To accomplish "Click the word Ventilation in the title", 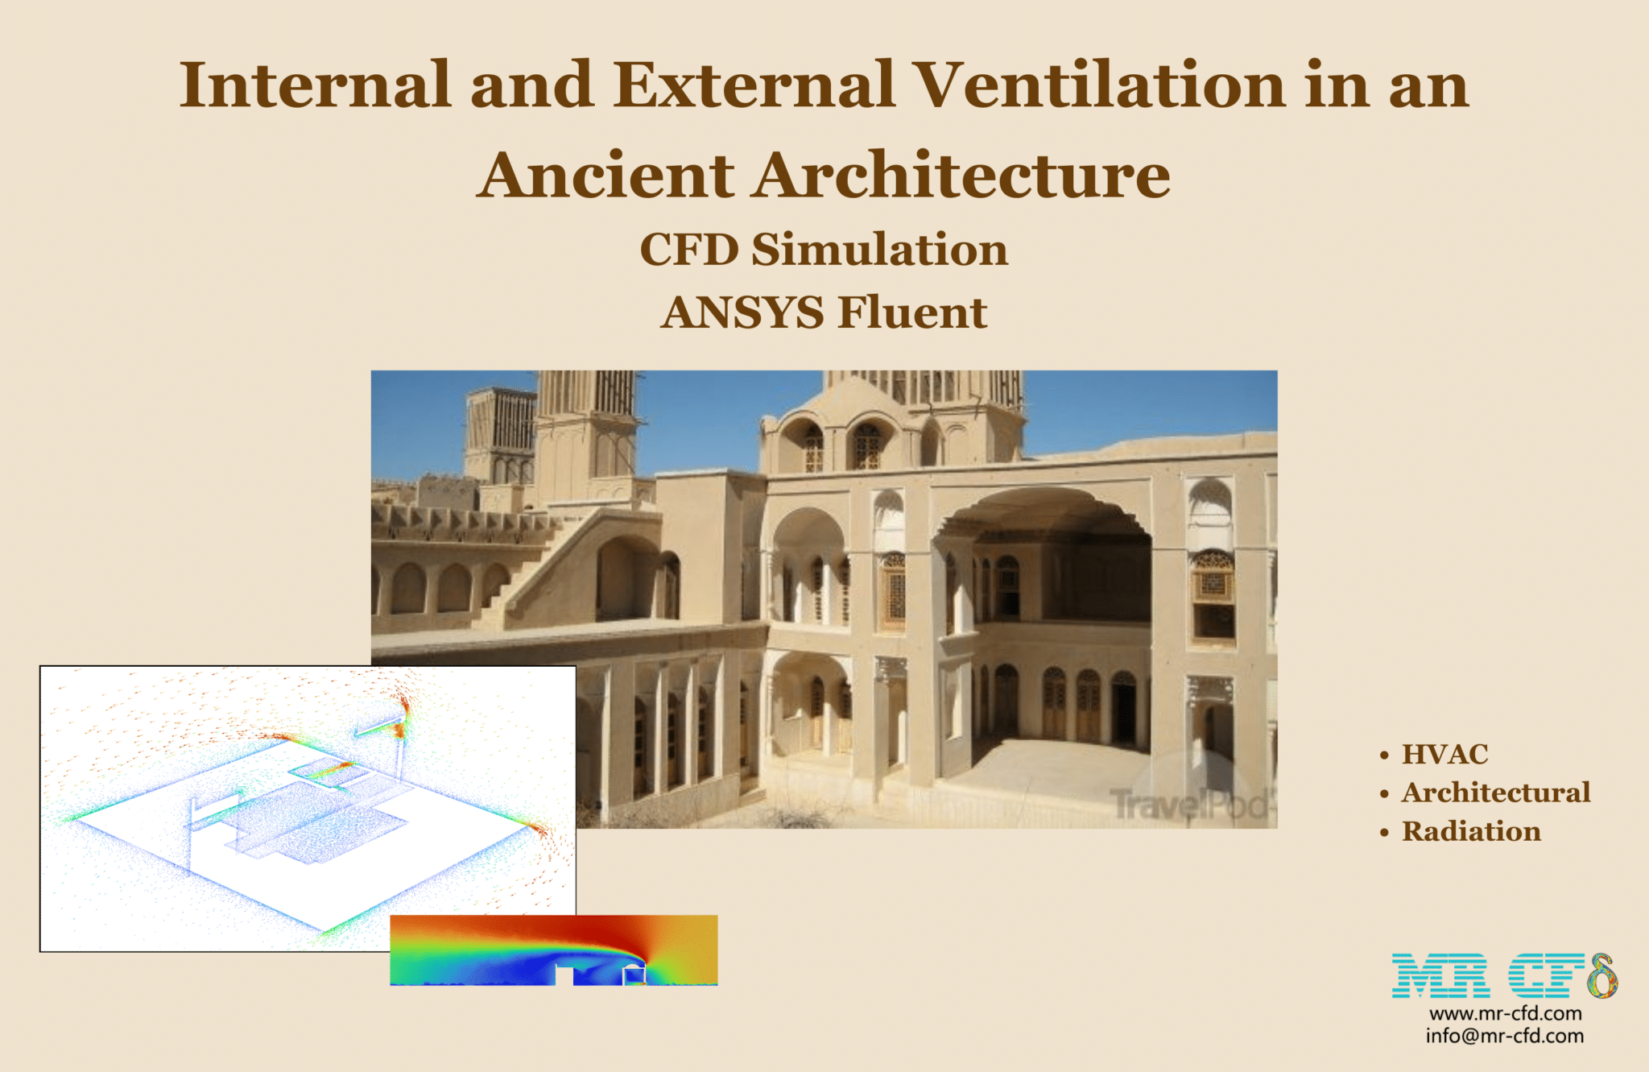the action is click(x=1101, y=85).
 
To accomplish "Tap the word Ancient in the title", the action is click(x=605, y=175).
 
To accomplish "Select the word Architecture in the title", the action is click(x=963, y=175).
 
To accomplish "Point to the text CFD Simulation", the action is click(x=824, y=249).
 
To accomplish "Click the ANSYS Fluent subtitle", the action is click(x=824, y=312).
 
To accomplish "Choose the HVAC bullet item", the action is click(x=1444, y=754).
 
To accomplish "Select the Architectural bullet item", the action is click(x=1496, y=793).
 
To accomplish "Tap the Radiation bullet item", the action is click(x=1471, y=831).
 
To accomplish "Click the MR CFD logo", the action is click(x=1504, y=975).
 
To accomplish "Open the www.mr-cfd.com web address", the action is click(x=1505, y=1013).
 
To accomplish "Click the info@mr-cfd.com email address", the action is click(x=1505, y=1036).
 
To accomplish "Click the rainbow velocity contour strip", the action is click(x=554, y=950).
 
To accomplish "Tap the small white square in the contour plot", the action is click(x=634, y=975).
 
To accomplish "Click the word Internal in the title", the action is click(x=315, y=85).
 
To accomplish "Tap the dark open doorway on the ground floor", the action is click(x=1124, y=710).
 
